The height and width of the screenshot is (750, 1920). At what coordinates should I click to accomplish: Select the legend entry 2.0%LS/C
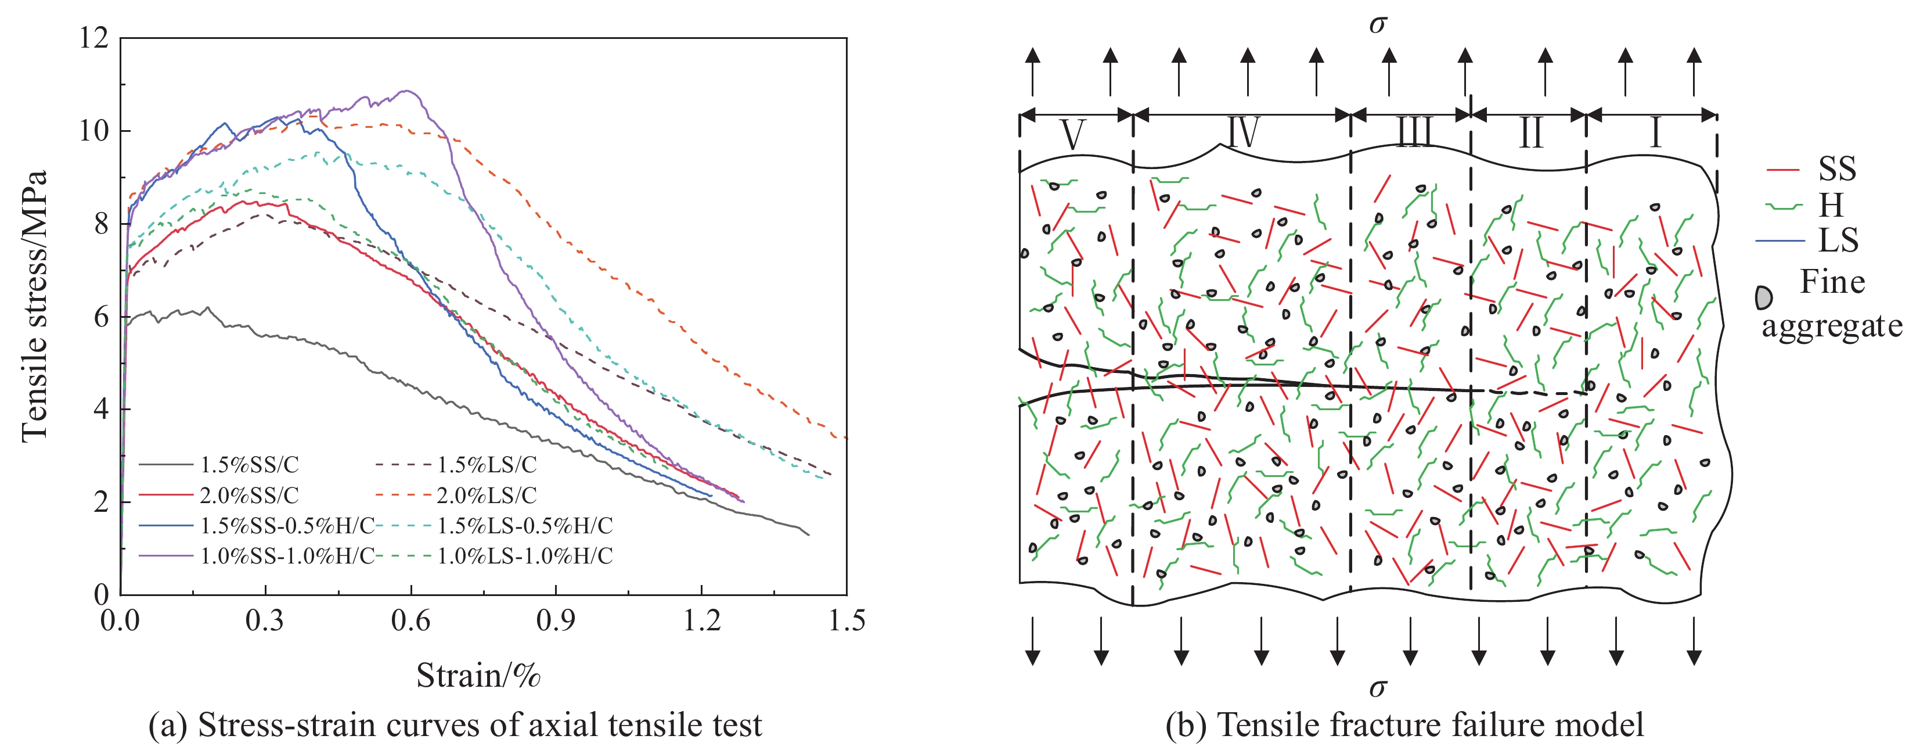click(x=486, y=495)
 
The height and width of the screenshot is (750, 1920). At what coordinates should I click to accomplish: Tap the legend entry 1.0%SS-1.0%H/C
click(x=287, y=556)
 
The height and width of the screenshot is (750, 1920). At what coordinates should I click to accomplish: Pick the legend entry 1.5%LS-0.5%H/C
click(x=524, y=526)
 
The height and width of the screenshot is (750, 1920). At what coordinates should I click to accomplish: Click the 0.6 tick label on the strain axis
click(x=410, y=621)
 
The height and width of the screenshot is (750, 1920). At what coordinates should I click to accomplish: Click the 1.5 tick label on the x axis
click(x=846, y=621)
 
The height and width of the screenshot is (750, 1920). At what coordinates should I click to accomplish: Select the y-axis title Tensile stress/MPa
click(x=34, y=306)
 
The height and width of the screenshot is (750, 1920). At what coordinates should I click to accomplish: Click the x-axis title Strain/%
click(x=478, y=676)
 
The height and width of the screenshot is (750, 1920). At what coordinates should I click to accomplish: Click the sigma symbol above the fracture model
click(x=1377, y=24)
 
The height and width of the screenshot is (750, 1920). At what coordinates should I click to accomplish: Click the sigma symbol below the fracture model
click(x=1377, y=687)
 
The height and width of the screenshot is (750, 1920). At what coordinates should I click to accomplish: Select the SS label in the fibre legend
click(x=1836, y=169)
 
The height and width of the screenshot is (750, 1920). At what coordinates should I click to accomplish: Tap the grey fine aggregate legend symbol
click(x=1763, y=297)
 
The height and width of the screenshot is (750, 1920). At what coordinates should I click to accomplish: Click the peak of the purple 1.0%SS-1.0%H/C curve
click(x=407, y=91)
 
